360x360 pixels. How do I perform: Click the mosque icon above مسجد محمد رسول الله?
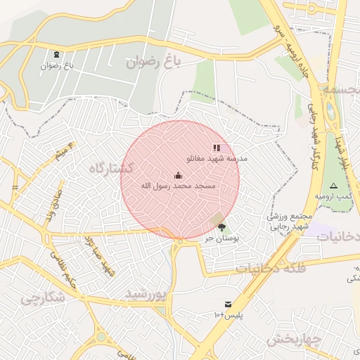pyautogui.click(x=178, y=176)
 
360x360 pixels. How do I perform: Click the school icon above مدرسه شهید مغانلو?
pyautogui.click(x=217, y=148)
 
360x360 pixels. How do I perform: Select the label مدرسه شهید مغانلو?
pyautogui.click(x=217, y=159)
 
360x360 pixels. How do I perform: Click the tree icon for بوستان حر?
pyautogui.click(x=222, y=227)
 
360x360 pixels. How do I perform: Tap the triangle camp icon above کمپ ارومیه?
pyautogui.click(x=333, y=186)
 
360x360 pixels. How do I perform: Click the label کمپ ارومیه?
pyautogui.click(x=333, y=195)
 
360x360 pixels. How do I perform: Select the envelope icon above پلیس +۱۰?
pyautogui.click(x=228, y=304)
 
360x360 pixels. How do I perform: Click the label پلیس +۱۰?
pyautogui.click(x=228, y=314)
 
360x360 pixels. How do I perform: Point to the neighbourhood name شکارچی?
pyautogui.click(x=42, y=297)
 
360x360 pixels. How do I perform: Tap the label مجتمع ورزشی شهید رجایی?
pyautogui.click(x=288, y=222)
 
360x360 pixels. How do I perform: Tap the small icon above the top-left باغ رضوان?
pyautogui.click(x=56, y=55)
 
